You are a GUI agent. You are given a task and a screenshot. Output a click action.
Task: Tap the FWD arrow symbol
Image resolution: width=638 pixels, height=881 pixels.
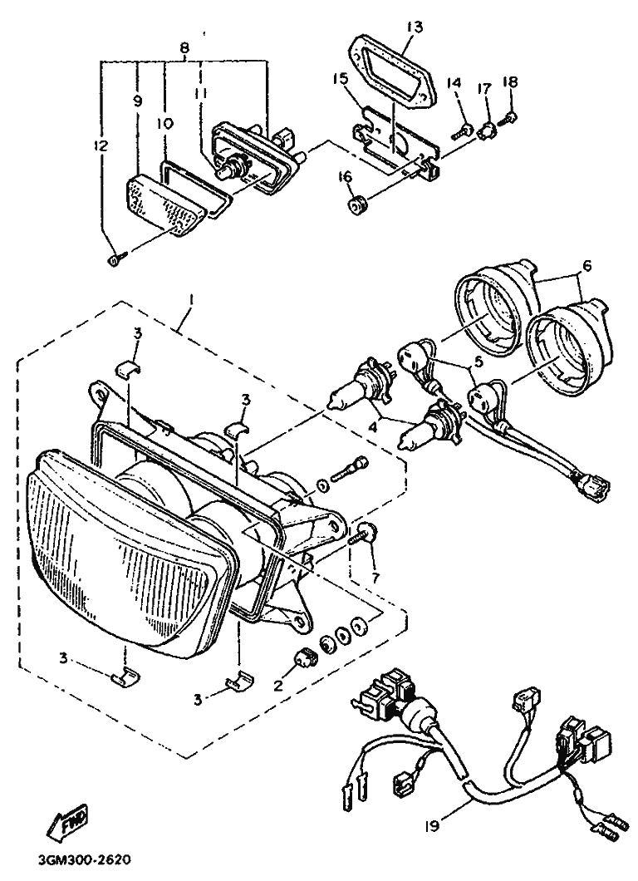[68, 822]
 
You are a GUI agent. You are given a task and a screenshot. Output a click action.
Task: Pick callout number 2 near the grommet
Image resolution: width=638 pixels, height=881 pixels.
[278, 687]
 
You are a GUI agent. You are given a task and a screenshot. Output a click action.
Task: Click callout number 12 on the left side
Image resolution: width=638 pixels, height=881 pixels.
[101, 147]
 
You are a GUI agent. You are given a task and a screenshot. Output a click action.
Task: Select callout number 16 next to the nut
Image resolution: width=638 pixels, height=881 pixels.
[344, 176]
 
